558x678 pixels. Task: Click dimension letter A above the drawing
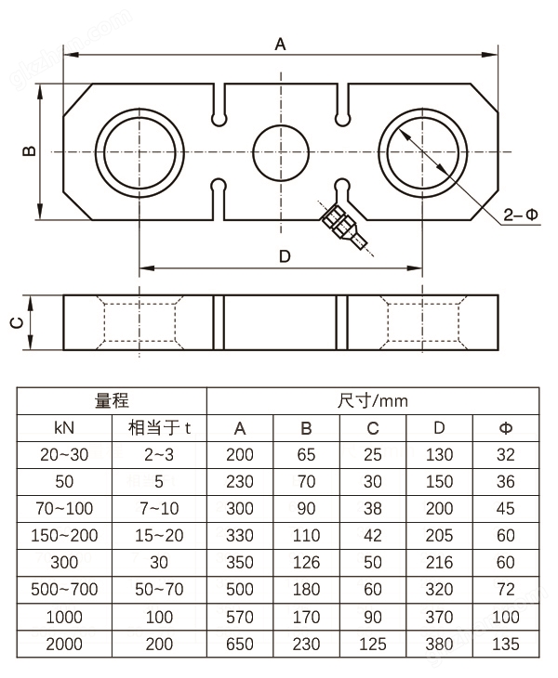point(280,43)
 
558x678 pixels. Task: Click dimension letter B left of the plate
point(29,151)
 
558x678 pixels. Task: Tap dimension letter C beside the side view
point(16,322)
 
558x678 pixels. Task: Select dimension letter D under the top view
point(285,256)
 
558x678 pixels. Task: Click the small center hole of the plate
point(281,151)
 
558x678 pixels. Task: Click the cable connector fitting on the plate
point(342,226)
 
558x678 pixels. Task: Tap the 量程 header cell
point(113,401)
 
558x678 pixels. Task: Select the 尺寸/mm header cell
point(372,401)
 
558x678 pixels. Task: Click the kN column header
point(64,428)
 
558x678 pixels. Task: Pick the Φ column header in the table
point(505,428)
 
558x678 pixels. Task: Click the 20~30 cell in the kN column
point(64,455)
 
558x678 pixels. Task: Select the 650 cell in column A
point(239,644)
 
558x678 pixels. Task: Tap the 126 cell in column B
point(306,563)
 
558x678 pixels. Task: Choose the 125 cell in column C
point(372,644)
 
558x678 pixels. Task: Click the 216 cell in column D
point(438,563)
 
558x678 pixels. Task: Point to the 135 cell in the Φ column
point(505,644)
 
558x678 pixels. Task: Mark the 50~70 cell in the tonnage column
point(159,590)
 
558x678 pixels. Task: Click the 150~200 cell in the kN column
point(64,536)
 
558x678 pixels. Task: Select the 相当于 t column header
point(159,428)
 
